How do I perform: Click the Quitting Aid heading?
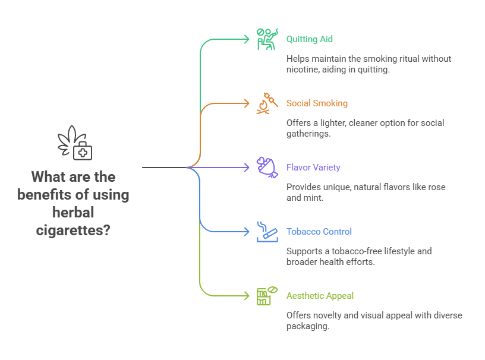[309, 39]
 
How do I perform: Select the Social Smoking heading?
[317, 103]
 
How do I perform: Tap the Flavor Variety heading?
[313, 168]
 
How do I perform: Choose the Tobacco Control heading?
[319, 232]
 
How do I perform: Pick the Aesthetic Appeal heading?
[320, 296]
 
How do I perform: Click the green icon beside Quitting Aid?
[267, 39]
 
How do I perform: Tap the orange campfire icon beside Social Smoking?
[267, 103]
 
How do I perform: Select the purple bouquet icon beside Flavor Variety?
[267, 167]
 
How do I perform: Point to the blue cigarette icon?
[267, 231]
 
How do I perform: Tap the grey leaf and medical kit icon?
[75, 143]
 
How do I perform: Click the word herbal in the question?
[73, 212]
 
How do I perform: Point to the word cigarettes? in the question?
[73, 230]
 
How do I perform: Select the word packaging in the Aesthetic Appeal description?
[307, 326]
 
